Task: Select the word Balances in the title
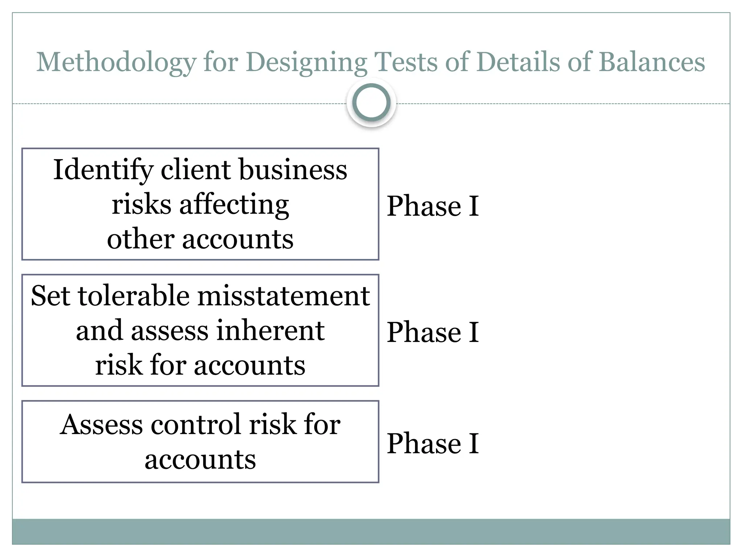652,62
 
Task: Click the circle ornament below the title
371,102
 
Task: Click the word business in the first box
293,170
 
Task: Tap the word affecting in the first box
234,205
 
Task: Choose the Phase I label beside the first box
433,206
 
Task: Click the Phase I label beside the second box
433,332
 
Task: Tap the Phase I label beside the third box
433,443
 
